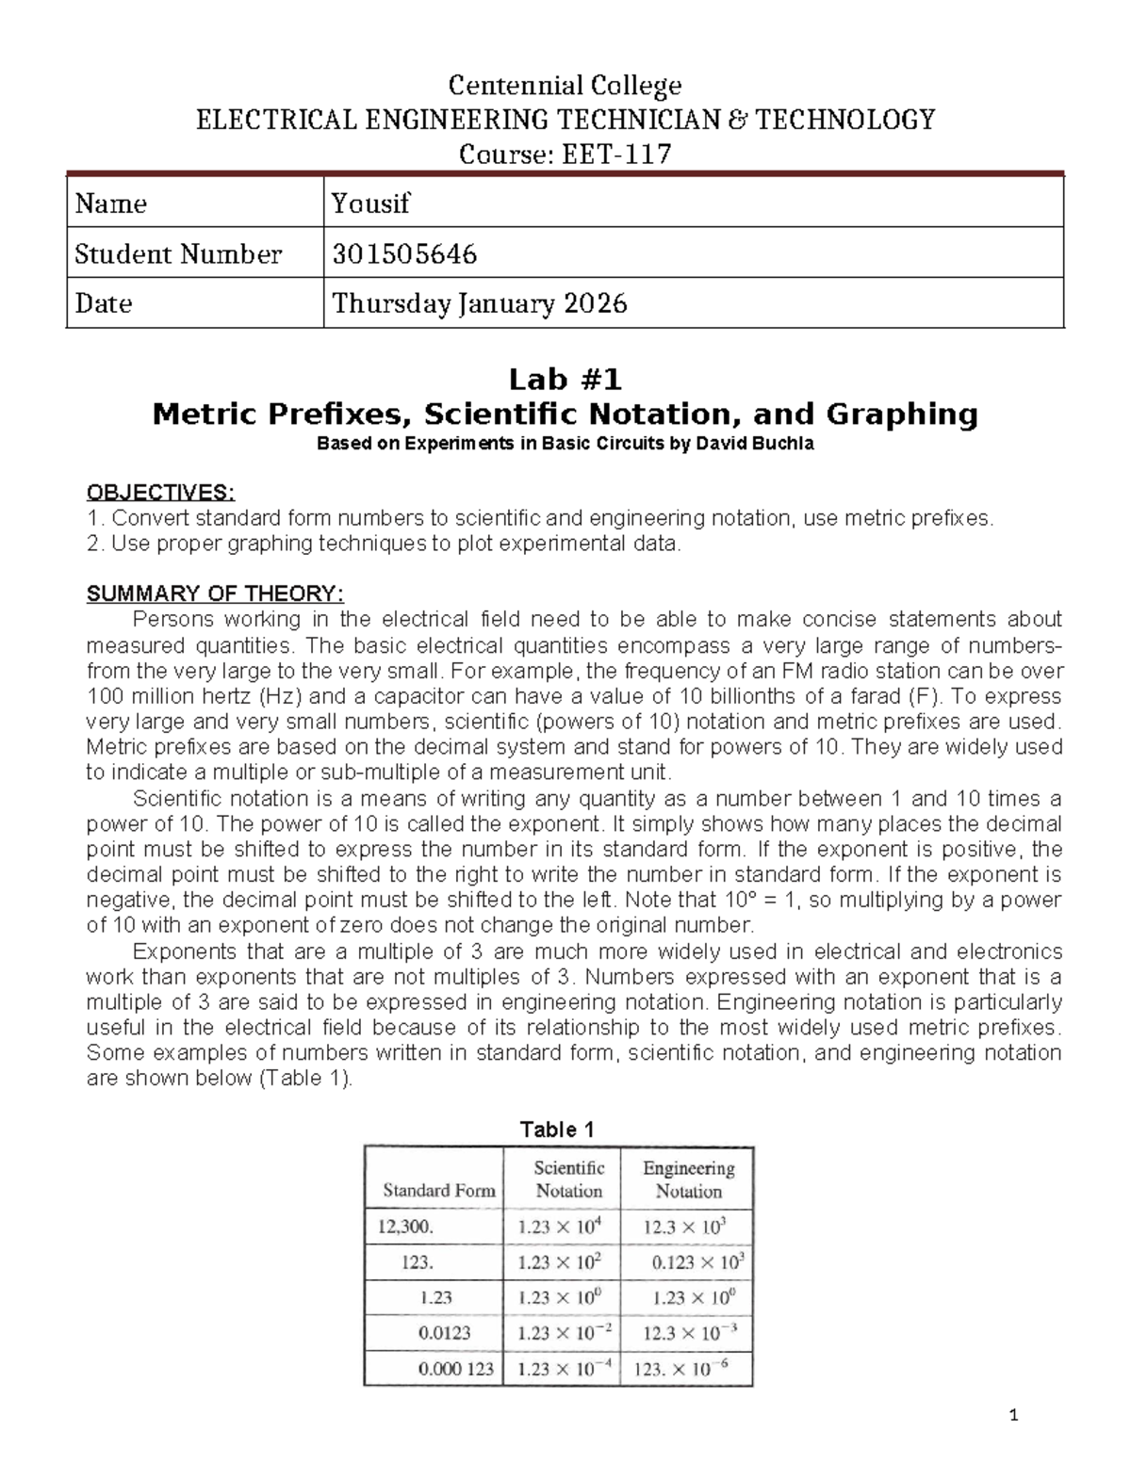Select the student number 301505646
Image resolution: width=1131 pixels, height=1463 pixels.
[x=403, y=253]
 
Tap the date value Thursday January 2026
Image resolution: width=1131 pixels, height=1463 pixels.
[x=479, y=303]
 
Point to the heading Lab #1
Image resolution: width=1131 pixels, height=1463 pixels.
[x=565, y=380]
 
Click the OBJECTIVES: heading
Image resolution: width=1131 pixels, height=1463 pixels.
[x=159, y=493]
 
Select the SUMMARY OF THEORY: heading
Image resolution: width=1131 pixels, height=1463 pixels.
[x=215, y=594]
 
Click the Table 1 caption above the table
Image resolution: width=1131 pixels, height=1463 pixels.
[x=557, y=1130]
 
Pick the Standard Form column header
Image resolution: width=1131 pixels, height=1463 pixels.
[x=438, y=1191]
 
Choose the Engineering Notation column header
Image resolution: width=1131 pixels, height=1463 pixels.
[x=689, y=1179]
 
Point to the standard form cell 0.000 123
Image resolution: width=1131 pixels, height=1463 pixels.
[x=456, y=1369]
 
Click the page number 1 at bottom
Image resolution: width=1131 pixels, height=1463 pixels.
[x=1013, y=1415]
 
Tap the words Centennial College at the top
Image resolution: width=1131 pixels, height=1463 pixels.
[x=565, y=87]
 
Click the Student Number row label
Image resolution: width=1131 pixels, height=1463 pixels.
[x=178, y=253]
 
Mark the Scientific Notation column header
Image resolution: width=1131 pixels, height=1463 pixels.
[x=569, y=1179]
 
